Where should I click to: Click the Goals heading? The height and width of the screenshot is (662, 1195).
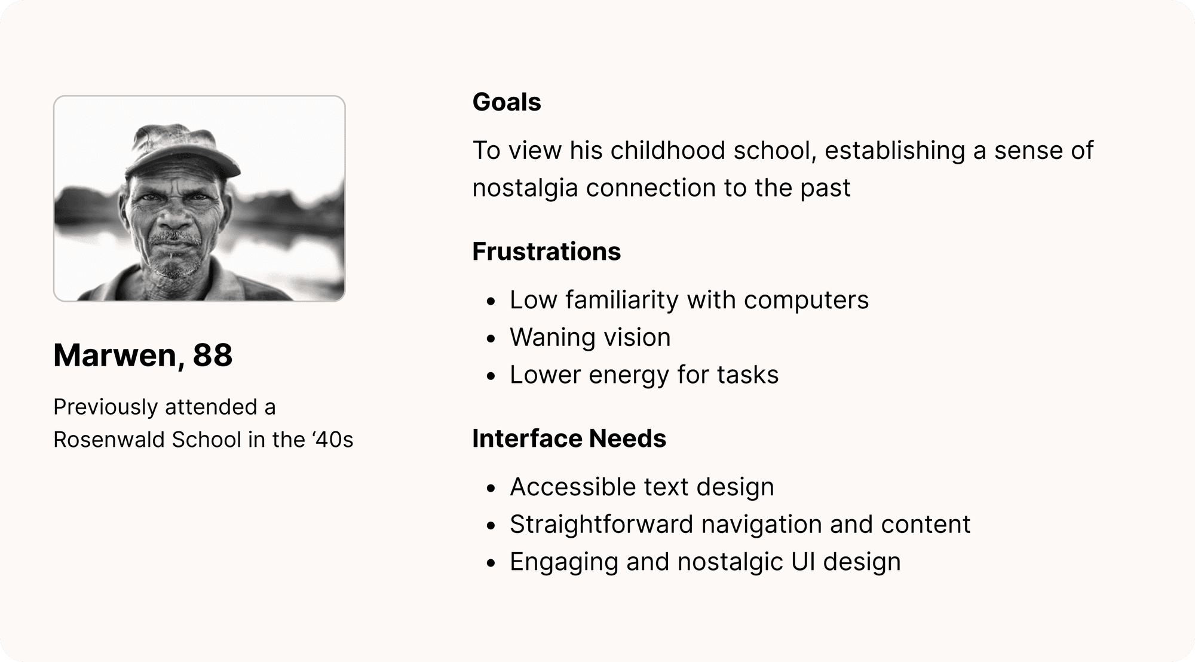[507, 102]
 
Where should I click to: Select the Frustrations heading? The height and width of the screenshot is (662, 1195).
[546, 252]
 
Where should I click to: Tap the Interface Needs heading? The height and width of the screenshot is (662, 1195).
[569, 439]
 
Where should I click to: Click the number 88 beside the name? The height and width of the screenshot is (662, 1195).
[213, 355]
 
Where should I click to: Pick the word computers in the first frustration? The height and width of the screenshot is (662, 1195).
[806, 301]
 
